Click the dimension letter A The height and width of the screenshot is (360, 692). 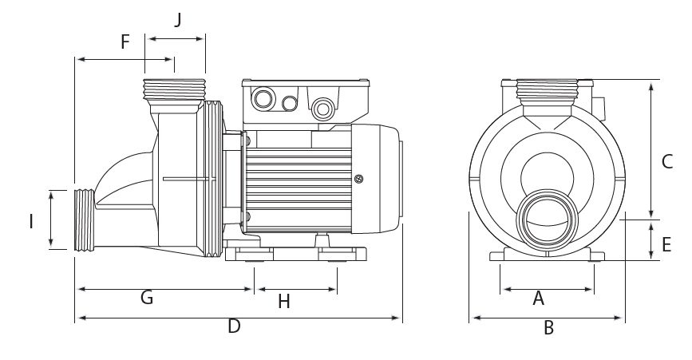538,299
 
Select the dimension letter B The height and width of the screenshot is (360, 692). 548,327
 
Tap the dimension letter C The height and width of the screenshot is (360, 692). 667,161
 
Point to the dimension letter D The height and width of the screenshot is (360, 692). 234,326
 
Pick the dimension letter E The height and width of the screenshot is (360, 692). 666,244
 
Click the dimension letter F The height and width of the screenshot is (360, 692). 125,42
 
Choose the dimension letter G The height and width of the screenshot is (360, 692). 146,298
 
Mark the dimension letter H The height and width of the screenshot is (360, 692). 283,301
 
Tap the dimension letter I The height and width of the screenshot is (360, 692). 31,221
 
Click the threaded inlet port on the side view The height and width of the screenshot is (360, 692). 85,220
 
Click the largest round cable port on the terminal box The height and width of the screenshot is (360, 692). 262,100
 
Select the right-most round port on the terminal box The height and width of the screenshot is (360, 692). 323,106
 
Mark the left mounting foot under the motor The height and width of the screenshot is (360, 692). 249,255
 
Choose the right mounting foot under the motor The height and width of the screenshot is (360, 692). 342,255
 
